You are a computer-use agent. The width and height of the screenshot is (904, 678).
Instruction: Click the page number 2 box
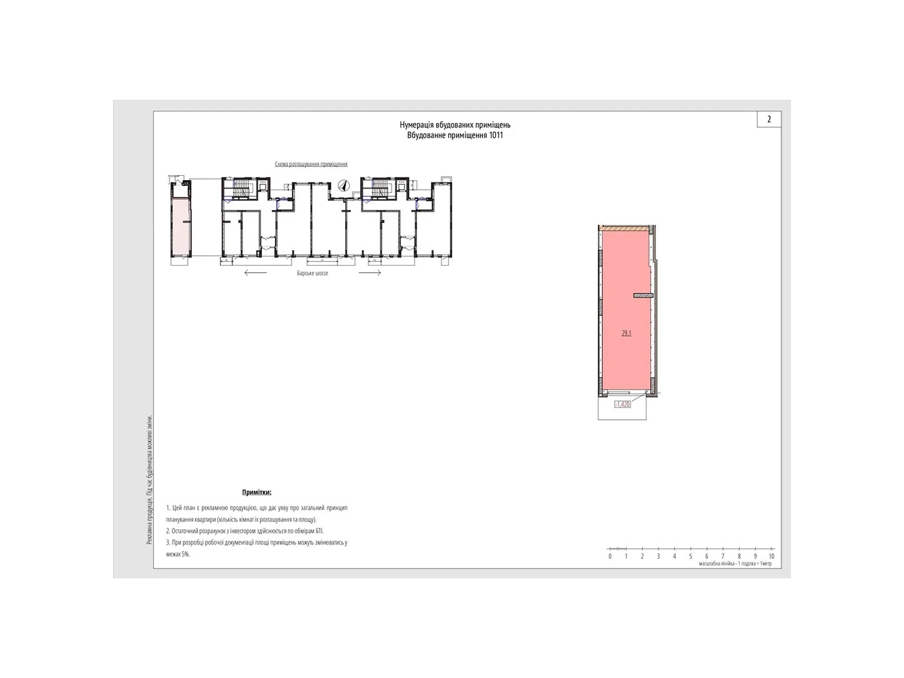(768, 119)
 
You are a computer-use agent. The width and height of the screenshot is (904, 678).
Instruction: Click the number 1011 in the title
(496, 136)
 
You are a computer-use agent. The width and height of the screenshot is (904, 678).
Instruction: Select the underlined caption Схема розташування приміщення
(311, 164)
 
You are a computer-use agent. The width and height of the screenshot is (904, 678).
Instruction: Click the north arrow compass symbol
(342, 185)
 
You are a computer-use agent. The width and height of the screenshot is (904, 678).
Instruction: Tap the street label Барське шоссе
(312, 273)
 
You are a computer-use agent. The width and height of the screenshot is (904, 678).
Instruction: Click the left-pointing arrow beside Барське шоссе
(255, 273)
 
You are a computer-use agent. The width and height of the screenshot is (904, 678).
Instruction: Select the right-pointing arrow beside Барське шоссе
(370, 273)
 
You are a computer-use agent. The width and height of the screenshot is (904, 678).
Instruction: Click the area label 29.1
(626, 333)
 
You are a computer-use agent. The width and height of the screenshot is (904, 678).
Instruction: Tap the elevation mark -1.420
(622, 405)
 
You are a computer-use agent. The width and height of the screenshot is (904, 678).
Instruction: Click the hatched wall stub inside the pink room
(643, 295)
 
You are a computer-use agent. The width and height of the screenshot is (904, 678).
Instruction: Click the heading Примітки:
(257, 493)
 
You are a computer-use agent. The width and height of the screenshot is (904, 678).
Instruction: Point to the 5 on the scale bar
(690, 557)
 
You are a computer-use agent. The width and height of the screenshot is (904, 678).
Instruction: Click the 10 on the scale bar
(771, 557)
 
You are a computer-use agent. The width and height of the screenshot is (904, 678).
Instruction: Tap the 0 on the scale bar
(610, 557)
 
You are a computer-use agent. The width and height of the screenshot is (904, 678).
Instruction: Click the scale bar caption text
(734, 564)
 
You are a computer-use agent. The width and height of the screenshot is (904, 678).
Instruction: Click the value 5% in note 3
(184, 554)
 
